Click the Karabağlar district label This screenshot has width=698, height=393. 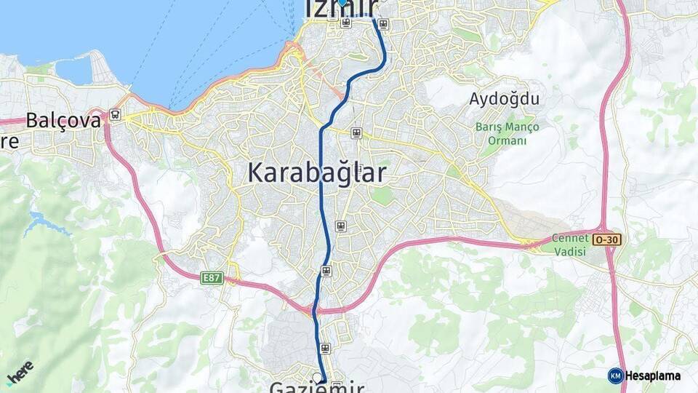pyautogui.click(x=317, y=172)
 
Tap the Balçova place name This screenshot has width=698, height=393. pyautogui.click(x=63, y=120)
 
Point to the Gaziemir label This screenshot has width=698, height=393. pyautogui.click(x=317, y=386)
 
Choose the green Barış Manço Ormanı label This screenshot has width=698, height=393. pyautogui.click(x=508, y=133)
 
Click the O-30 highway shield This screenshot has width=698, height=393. pyautogui.click(x=607, y=239)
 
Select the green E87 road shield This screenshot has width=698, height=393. pyautogui.click(x=212, y=277)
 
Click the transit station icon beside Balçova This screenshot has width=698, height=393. pyautogui.click(x=114, y=114)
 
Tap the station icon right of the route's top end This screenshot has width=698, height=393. pyautogui.click(x=383, y=23)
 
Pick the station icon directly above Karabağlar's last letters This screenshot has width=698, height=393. pyautogui.click(x=356, y=132)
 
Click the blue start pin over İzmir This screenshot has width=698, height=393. pyautogui.click(x=342, y=2)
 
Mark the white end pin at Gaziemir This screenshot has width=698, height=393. pyautogui.click(x=317, y=377)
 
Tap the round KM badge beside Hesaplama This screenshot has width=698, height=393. pyautogui.click(x=615, y=376)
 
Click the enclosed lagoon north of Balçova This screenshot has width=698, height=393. pyautogui.click(x=73, y=71)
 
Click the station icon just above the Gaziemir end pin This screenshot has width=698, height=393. pyautogui.click(x=325, y=348)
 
